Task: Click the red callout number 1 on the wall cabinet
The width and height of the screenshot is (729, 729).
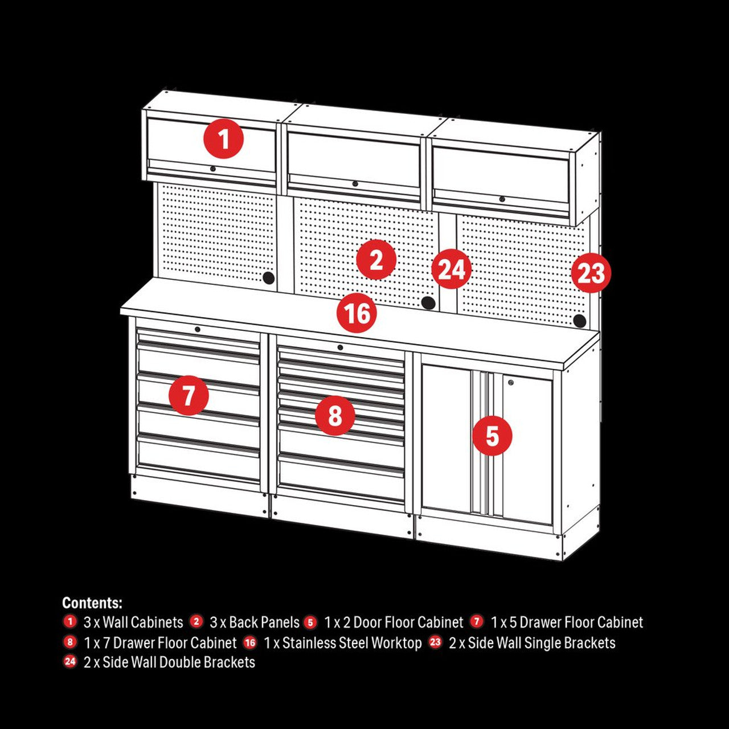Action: [x=224, y=140]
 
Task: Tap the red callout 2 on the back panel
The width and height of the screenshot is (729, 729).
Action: [x=376, y=260]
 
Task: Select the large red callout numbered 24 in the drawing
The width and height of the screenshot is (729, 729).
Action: [x=452, y=269]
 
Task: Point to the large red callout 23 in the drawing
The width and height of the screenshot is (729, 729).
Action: [x=591, y=273]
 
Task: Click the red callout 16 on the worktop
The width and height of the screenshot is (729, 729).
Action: [x=357, y=314]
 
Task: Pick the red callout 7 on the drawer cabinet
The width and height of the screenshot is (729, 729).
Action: [x=189, y=395]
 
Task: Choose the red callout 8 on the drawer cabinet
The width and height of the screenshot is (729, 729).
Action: [x=335, y=415]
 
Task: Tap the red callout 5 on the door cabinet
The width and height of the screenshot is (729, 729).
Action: [x=492, y=436]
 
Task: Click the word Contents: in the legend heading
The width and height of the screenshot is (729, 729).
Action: [x=92, y=603]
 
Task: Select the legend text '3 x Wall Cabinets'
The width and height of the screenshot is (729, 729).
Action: [x=133, y=622]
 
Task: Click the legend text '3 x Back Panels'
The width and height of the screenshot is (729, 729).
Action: [x=254, y=622]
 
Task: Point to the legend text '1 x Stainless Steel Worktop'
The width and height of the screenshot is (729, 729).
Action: [x=342, y=643]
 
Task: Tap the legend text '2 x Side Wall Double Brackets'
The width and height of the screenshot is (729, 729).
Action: [x=169, y=662]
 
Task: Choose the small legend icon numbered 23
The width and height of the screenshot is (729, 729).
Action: [x=435, y=642]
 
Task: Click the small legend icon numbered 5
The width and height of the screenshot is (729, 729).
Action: [x=310, y=622]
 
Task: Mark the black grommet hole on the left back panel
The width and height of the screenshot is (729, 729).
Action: [x=268, y=278]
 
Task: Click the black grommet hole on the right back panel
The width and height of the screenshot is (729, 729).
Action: [x=579, y=321]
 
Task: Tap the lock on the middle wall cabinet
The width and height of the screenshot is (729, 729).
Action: [x=355, y=183]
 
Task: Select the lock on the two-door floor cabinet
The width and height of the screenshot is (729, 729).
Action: [x=511, y=383]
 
